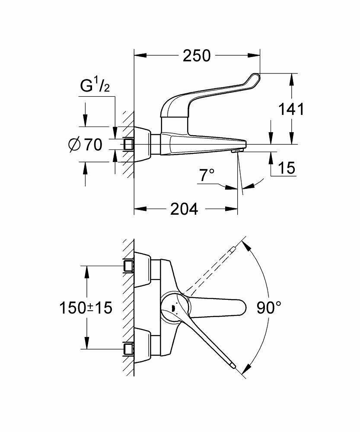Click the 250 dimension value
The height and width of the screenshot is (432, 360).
[197, 56]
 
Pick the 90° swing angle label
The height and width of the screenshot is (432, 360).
[269, 308]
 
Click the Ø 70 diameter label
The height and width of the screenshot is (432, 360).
[85, 145]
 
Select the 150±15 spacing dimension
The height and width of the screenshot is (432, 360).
[86, 308]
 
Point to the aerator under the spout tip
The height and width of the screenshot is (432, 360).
[236, 151]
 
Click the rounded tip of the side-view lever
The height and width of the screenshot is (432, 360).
[254, 78]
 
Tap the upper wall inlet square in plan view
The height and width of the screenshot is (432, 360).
[128, 266]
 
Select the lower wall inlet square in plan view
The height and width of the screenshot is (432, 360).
[128, 348]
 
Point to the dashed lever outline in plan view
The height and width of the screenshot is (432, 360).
[212, 268]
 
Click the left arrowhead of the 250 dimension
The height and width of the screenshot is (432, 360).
[139, 55]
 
